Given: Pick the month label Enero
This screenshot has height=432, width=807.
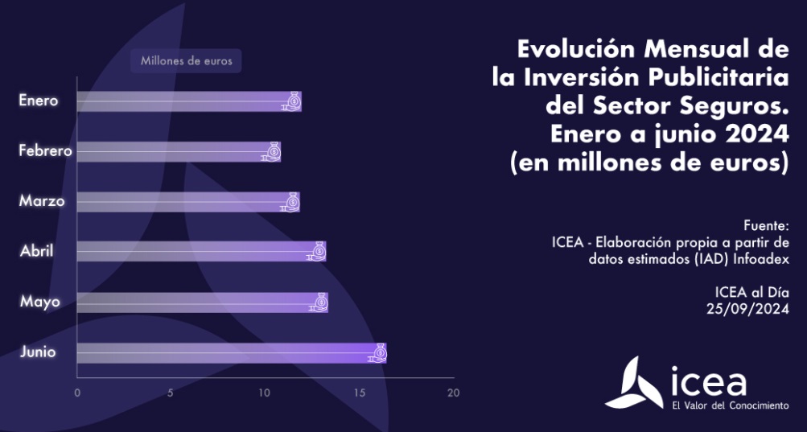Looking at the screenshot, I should (x=39, y=101).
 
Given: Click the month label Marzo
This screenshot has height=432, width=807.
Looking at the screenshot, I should (x=42, y=201).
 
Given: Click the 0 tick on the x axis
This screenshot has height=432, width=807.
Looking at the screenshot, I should (x=77, y=393).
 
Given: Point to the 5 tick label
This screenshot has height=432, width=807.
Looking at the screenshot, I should (x=171, y=393).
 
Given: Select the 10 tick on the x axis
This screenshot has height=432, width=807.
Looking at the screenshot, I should (x=265, y=393).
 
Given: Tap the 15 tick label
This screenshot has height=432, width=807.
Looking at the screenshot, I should (x=359, y=393).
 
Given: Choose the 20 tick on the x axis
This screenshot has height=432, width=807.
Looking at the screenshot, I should (x=453, y=393).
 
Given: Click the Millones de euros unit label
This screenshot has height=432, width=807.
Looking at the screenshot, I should (x=186, y=61).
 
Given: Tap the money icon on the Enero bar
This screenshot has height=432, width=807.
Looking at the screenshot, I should (x=293, y=101).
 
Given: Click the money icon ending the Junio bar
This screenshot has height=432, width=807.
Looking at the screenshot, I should (x=377, y=352).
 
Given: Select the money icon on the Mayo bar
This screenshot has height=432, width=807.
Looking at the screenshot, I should (x=319, y=302).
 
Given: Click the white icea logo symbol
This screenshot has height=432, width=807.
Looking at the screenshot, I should (x=635, y=383).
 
